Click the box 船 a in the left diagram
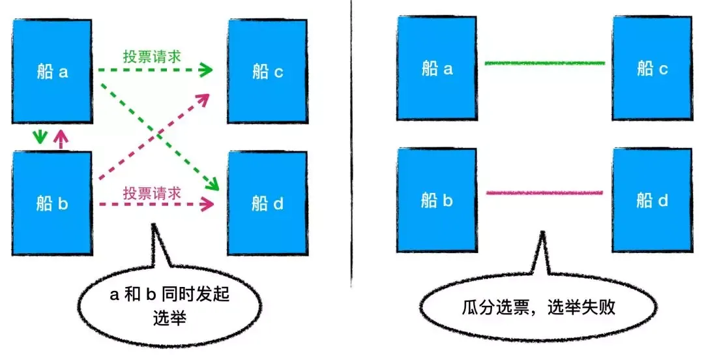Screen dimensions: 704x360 (51, 70)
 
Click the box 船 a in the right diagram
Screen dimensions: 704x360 (437, 68)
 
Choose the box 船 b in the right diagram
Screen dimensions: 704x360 (437, 199)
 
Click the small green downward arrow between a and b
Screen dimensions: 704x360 (40, 137)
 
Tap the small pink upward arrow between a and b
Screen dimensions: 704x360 (61, 138)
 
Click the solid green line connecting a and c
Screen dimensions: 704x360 (545, 63)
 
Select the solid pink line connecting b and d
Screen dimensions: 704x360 (545, 192)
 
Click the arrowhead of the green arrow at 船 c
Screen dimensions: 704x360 (207, 68)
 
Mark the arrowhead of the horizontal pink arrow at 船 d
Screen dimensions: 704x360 (209, 205)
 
